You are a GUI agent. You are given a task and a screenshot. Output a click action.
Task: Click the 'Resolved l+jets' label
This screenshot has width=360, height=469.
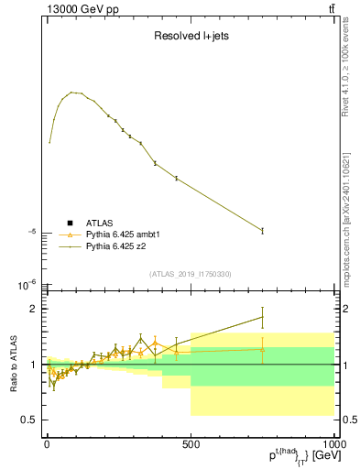click(x=190, y=37)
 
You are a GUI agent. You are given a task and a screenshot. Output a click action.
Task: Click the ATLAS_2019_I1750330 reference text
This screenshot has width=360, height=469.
click(x=190, y=274)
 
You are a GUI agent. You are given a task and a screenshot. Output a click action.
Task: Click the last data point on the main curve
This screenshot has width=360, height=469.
click(x=262, y=230)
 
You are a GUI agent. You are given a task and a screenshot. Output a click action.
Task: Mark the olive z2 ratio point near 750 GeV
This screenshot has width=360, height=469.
click(x=262, y=317)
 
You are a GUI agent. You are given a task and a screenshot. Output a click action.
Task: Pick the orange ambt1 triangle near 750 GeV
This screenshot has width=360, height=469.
click(x=262, y=348)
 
